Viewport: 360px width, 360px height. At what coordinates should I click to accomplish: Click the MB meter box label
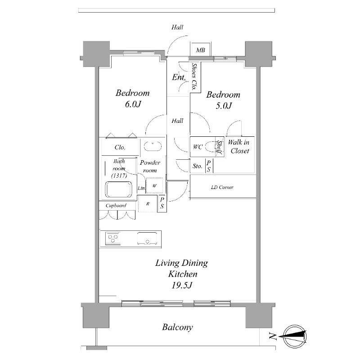(200, 50)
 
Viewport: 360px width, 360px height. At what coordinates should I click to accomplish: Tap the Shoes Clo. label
(195, 76)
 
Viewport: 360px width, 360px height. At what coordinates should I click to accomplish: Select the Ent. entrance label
(179, 77)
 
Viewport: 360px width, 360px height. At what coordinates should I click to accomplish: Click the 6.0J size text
(133, 104)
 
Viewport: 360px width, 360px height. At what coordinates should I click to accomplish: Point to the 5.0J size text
(224, 106)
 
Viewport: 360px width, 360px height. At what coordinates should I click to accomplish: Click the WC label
(198, 147)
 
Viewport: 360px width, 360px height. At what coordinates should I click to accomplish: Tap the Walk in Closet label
(239, 147)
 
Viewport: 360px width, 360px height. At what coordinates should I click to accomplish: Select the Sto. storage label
(197, 166)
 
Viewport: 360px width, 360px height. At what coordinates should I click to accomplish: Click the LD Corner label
(222, 187)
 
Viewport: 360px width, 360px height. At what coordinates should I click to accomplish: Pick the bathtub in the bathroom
(118, 189)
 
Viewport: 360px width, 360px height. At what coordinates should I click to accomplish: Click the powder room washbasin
(153, 146)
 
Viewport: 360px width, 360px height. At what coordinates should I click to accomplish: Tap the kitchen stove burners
(113, 238)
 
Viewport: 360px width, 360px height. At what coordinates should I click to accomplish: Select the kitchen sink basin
(147, 238)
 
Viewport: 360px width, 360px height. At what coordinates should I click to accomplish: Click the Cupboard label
(116, 206)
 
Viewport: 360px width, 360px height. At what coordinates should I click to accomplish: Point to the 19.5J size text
(182, 285)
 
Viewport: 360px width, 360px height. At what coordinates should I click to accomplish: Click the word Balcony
(177, 327)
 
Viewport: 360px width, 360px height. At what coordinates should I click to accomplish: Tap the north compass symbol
(295, 337)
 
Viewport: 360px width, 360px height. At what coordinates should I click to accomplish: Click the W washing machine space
(154, 185)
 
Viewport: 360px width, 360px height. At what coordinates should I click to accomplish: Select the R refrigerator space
(148, 203)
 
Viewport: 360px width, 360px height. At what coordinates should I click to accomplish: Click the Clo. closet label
(120, 147)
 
